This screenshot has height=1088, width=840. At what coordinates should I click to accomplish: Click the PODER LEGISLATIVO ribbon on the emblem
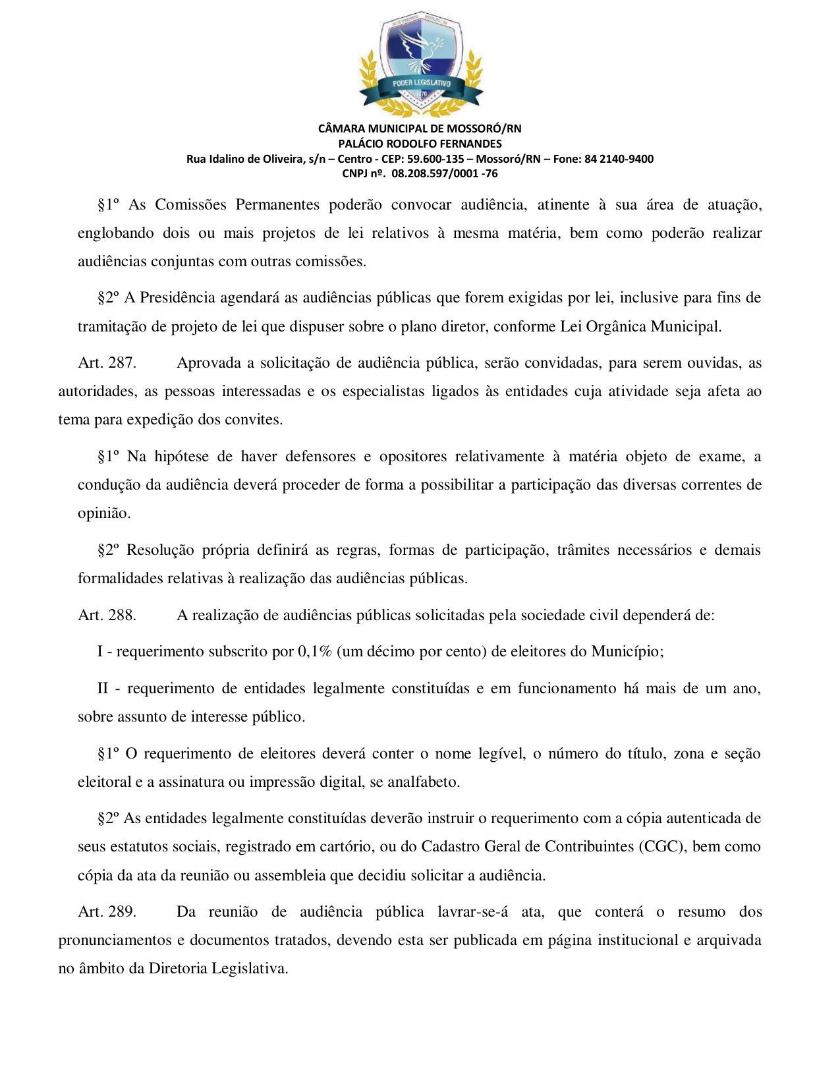point(422,84)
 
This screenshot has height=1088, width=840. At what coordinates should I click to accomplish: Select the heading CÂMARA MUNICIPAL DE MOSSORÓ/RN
point(420,129)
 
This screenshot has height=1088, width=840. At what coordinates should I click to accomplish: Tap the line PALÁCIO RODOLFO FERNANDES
point(420,144)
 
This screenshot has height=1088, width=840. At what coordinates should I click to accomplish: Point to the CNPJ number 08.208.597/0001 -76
point(444,174)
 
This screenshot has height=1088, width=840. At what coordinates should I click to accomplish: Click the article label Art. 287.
point(107,363)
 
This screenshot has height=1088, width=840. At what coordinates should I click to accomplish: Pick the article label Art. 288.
point(107,616)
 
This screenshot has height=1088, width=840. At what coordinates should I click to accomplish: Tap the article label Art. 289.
point(107,912)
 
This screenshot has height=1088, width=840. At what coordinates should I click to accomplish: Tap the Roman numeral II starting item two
point(103,689)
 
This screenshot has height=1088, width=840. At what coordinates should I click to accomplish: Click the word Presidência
point(178,298)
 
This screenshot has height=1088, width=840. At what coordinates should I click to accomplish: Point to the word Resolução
point(160,550)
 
